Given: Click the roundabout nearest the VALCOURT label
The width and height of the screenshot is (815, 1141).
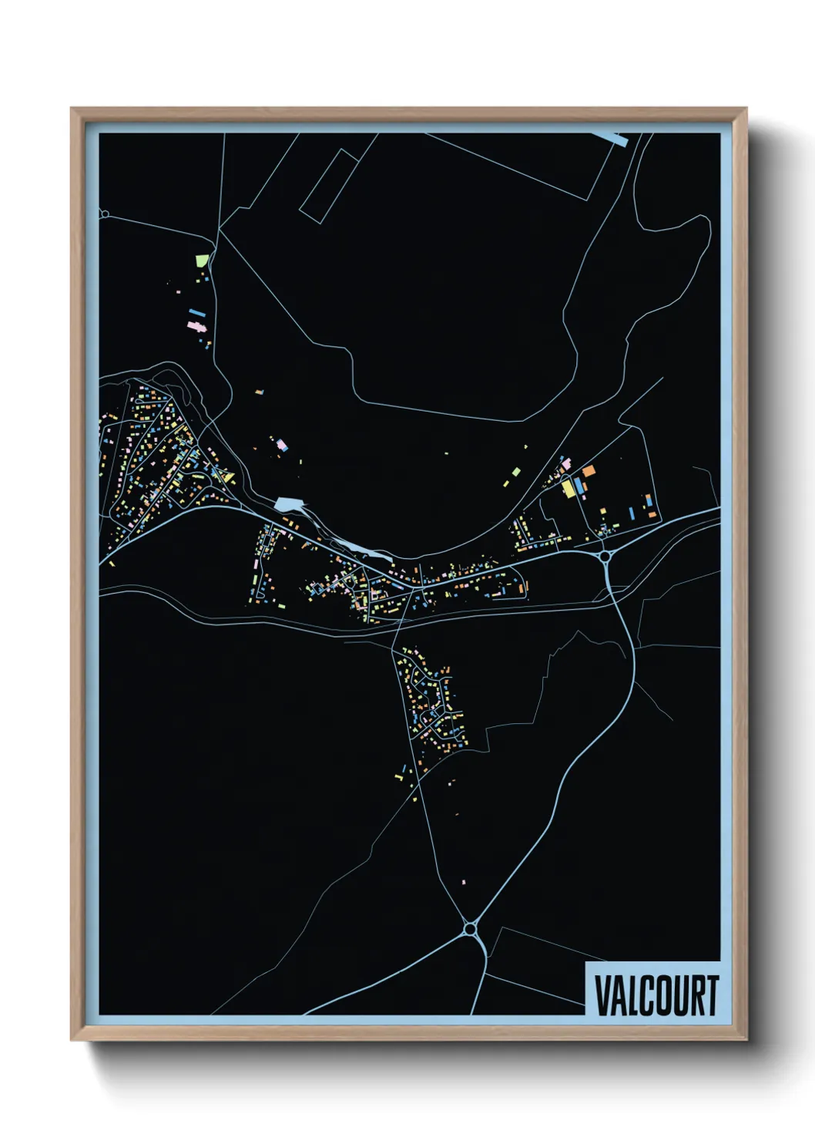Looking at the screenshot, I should pos(470,928).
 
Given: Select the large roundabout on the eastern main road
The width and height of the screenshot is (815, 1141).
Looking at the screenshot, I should pos(605,555).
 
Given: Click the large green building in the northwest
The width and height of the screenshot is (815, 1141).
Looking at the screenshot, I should pos(203,261).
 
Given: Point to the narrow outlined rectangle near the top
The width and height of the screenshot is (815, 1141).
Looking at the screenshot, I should pos(328,187).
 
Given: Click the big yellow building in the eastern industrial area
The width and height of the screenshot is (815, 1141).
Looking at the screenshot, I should pos(568,488).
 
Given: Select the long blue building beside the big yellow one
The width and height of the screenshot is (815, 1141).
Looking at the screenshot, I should pos(578,486).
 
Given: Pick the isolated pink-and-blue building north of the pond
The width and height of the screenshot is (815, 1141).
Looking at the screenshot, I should pos(282,444).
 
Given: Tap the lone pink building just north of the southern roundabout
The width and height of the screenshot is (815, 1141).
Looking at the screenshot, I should pos(464,881).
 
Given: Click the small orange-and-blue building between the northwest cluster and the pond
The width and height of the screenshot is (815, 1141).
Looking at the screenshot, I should pos(260,392).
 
